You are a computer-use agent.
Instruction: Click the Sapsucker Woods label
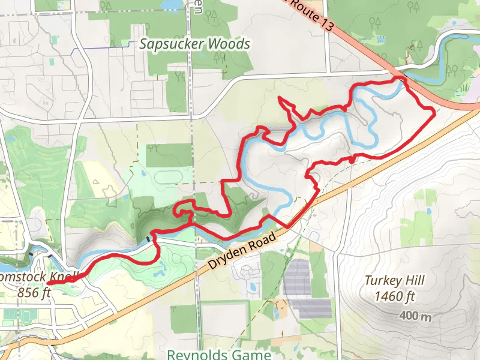194,44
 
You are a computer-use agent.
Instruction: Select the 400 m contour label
416,316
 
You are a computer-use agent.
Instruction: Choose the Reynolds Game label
219,355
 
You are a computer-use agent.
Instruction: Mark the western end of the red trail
48,283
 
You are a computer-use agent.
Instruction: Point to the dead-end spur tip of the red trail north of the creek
280,97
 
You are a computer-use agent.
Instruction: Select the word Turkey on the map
382,280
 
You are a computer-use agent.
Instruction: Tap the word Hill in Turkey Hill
414,280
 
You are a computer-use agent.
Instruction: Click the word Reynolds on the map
195,355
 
